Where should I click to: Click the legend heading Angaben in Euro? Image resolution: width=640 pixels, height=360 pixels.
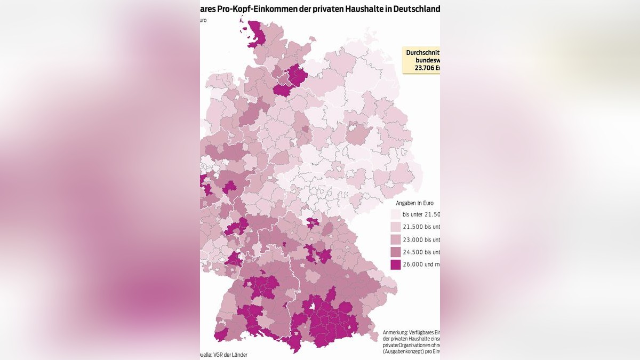click(x=414, y=203)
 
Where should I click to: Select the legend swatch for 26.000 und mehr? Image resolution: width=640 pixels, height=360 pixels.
click(x=395, y=264)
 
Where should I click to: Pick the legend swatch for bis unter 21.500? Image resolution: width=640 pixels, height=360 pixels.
click(x=395, y=214)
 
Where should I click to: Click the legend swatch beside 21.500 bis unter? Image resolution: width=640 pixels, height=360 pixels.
click(x=395, y=227)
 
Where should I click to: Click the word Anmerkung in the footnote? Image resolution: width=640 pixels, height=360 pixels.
click(x=397, y=332)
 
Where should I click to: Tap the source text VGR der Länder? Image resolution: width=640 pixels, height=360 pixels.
click(x=229, y=355)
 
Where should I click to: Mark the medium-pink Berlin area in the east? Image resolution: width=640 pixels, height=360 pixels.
click(x=358, y=134)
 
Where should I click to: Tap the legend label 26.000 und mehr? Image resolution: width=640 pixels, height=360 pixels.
click(x=421, y=265)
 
